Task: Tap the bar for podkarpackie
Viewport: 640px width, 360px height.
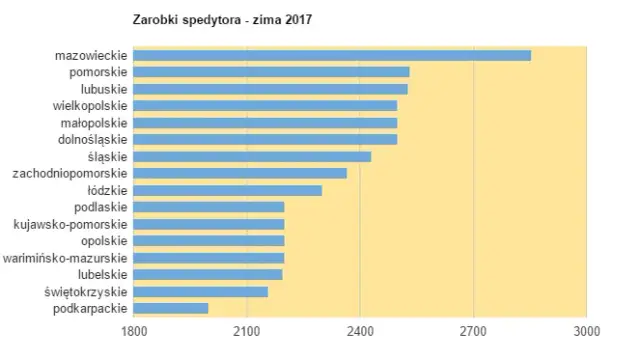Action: pos(171,308)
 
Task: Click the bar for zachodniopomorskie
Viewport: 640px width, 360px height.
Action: pos(240,173)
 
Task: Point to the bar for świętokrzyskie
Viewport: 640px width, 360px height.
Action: pos(201,291)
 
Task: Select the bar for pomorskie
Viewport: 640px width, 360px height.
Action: pos(271,71)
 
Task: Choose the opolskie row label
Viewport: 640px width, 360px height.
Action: pos(102,240)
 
